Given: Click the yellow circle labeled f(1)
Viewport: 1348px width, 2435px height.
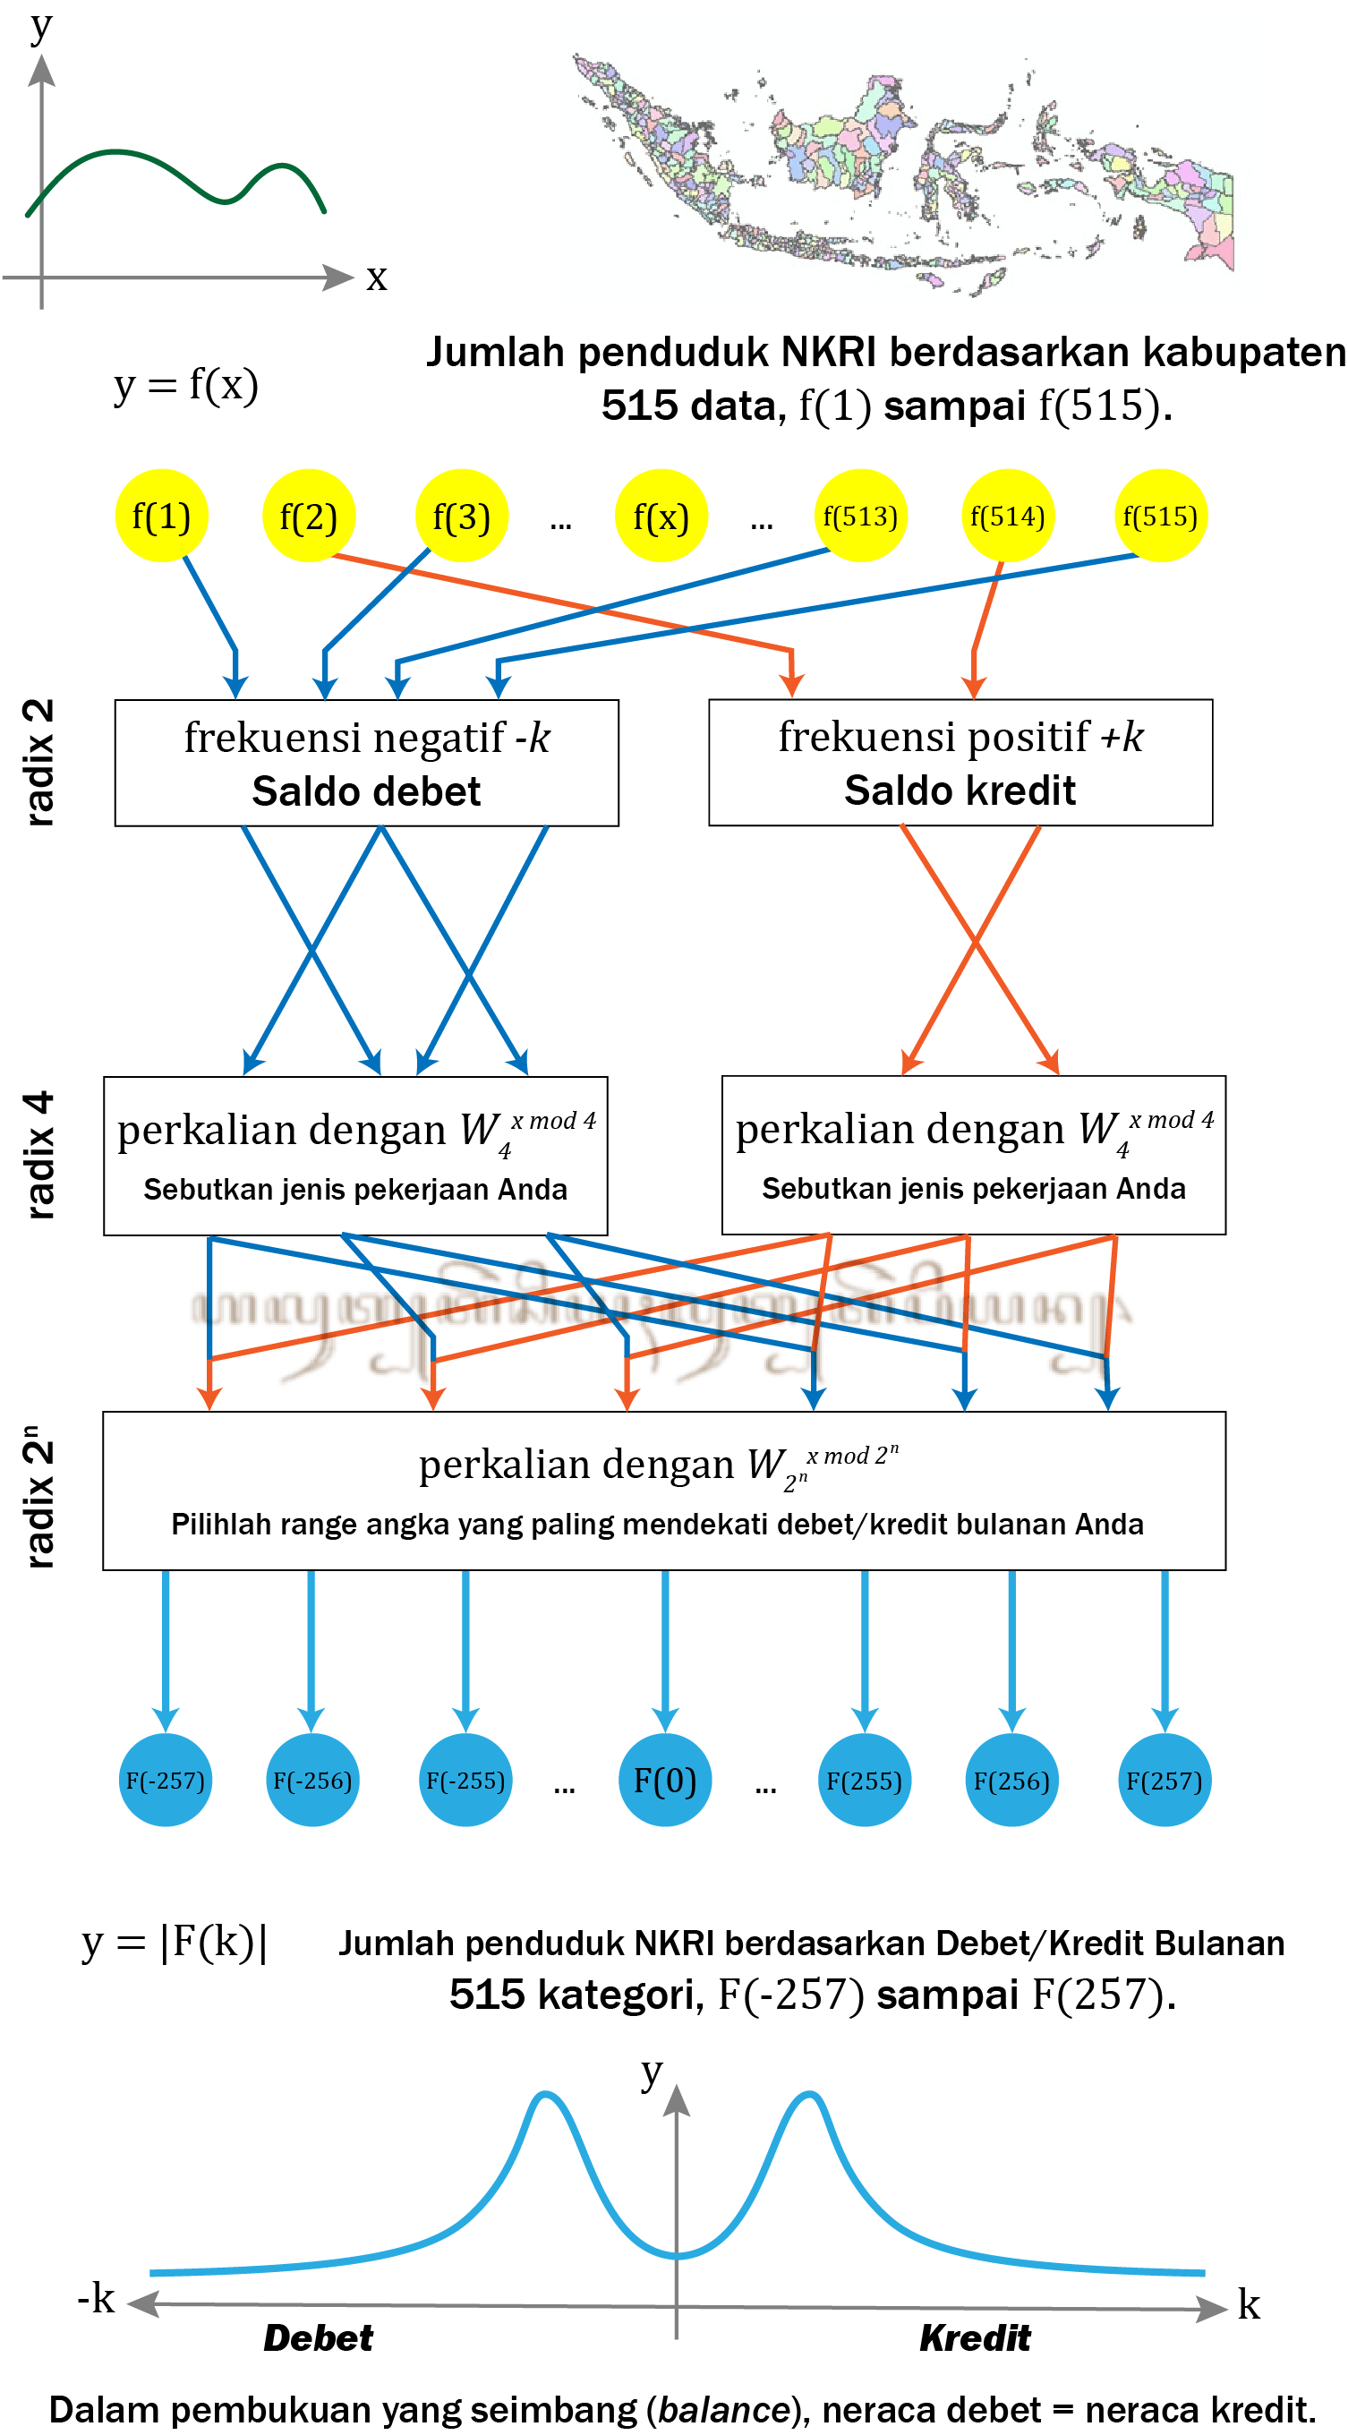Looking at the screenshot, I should (x=161, y=517).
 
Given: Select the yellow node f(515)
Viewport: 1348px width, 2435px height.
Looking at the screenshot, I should (x=1160, y=517).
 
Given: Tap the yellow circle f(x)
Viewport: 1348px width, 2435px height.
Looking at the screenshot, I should (x=661, y=517).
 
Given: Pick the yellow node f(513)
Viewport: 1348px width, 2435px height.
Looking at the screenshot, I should (x=860, y=517).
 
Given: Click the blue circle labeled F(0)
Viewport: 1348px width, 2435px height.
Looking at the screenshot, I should (x=664, y=1780).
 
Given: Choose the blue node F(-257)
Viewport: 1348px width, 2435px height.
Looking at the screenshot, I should (x=166, y=1780).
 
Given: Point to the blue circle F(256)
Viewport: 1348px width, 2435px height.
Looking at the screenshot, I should (x=1011, y=1780).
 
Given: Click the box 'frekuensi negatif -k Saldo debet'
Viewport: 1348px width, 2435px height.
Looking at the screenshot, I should (x=367, y=763).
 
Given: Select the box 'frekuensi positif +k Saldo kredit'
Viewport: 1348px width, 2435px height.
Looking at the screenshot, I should (x=960, y=762).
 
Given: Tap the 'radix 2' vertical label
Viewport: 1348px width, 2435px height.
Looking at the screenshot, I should (x=39, y=762).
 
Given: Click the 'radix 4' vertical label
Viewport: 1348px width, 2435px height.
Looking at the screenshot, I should (x=39, y=1154).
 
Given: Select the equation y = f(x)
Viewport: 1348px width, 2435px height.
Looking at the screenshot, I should (x=186, y=385).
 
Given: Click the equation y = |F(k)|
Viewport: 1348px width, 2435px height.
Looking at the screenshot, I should (x=175, y=1943).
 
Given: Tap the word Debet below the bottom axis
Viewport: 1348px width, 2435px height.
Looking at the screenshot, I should (x=319, y=2337).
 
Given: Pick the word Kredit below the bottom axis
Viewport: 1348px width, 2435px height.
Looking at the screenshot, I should (x=975, y=2337).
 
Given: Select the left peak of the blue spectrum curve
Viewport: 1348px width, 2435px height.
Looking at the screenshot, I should (x=545, y=2096).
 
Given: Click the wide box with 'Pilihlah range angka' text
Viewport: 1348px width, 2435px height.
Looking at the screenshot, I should (x=663, y=1491).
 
